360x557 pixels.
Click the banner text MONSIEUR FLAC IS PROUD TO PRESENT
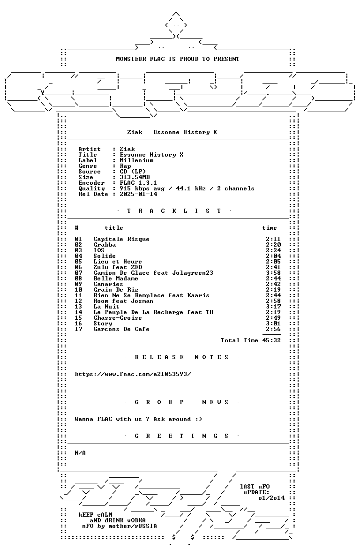pyautogui.click(x=178, y=59)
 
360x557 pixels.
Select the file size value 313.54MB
pyautogui.click(x=135, y=177)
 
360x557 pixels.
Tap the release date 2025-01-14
pyautogui.click(x=138, y=194)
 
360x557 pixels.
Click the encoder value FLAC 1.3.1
pyautogui.click(x=138, y=183)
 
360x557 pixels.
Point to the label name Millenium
pyautogui.click(x=136, y=160)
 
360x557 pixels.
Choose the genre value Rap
pyautogui.click(x=125, y=166)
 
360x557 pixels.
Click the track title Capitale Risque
pyautogui.click(x=121, y=239)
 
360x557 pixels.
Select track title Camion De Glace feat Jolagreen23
pyautogui.click(x=153, y=273)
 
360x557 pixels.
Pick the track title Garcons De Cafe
pyautogui.click(x=121, y=329)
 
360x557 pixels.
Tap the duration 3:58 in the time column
pyautogui.click(x=273, y=273)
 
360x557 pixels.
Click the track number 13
pyautogui.click(x=78, y=307)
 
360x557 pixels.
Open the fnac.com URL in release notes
pyautogui.click(x=133, y=374)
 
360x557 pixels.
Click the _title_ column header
pyautogui.click(x=114, y=228)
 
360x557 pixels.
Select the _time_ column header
pyautogui.click(x=270, y=228)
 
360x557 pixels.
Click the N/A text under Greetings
pyautogui.click(x=80, y=453)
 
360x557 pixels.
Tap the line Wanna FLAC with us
pyautogui.click(x=138, y=419)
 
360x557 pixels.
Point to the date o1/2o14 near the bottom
pyautogui.click(x=271, y=498)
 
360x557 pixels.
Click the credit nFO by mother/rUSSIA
pyautogui.click(x=120, y=526)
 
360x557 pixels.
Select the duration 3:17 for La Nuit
pyautogui.click(x=273, y=307)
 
